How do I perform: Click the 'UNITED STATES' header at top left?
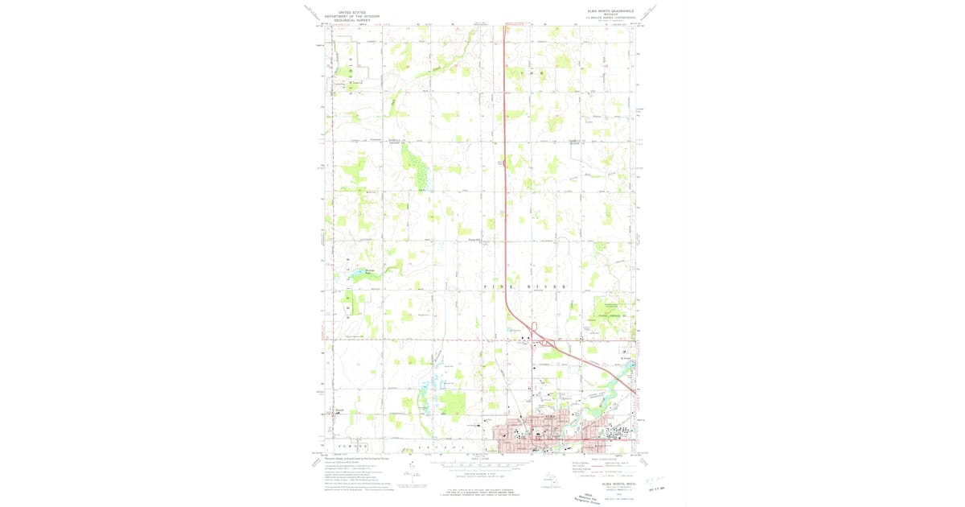click(x=351, y=14)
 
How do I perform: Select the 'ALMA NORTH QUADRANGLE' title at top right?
click(x=612, y=11)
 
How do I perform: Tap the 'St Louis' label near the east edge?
click(x=625, y=358)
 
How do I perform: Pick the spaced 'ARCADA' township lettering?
click(x=437, y=446)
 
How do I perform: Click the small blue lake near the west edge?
click(x=355, y=275)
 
